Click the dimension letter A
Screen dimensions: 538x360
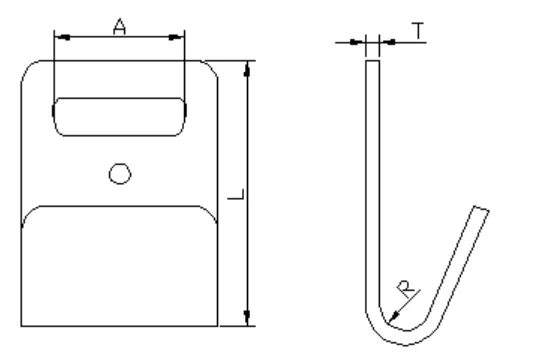pyautogui.click(x=119, y=27)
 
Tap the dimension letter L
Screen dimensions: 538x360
pyautogui.click(x=236, y=194)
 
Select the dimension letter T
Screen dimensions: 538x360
pyautogui.click(x=418, y=31)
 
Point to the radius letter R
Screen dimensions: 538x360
pyautogui.click(x=407, y=289)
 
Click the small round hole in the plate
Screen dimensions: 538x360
pyautogui.click(x=120, y=174)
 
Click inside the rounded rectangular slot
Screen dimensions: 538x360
pyautogui.click(x=119, y=117)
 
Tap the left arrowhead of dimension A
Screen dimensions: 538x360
pyautogui.click(x=62, y=37)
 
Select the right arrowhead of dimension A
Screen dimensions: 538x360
pyautogui.click(x=176, y=37)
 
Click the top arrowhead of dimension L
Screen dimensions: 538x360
pyautogui.click(x=247, y=69)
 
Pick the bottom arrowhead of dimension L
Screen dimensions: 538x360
pyautogui.click(x=247, y=317)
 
